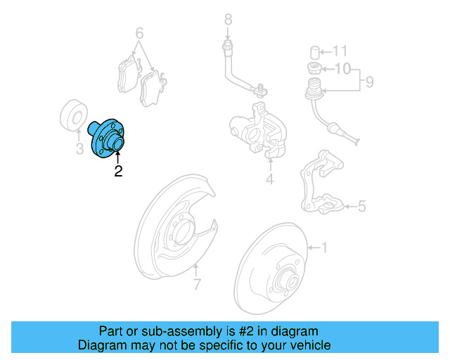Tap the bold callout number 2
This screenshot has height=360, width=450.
(118, 171)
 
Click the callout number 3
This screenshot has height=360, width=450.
(79, 149)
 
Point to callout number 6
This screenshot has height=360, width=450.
(139, 33)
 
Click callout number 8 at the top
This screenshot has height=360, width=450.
(228, 19)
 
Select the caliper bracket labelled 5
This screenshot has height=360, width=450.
(321, 184)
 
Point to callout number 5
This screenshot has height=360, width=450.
(361, 206)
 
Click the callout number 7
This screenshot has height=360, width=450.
(198, 284)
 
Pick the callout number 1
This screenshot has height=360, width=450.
(324, 247)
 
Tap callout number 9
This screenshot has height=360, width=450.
(368, 83)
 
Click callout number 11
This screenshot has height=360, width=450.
(340, 51)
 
